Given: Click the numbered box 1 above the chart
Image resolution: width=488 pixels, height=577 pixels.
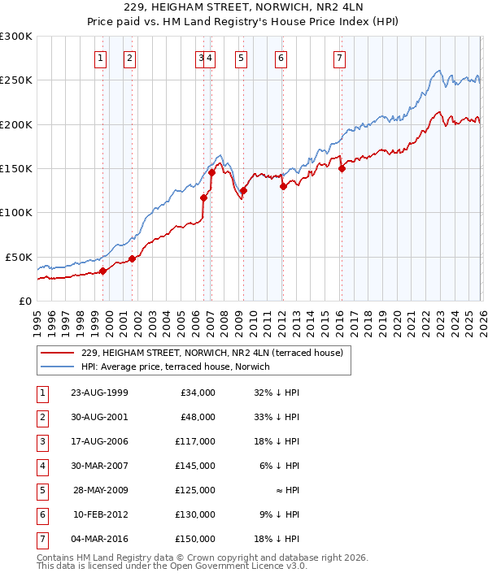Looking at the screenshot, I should [x=100, y=58].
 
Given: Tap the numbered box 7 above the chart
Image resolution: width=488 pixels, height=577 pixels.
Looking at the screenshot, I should [x=338, y=58].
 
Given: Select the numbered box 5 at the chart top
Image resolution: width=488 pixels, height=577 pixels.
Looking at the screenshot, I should [x=242, y=58].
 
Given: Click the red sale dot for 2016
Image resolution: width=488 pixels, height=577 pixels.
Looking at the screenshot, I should [x=342, y=169].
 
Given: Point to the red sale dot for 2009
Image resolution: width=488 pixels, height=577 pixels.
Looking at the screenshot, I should [x=243, y=191].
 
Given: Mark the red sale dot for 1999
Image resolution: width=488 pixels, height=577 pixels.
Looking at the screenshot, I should [x=102, y=271].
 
